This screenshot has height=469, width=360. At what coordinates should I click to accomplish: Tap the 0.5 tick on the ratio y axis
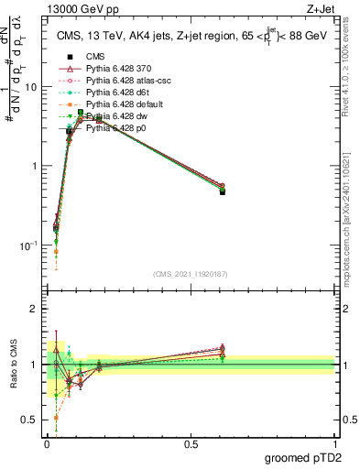coord(30,420)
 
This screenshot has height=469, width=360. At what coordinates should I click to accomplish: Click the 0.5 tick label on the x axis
coord(190,445)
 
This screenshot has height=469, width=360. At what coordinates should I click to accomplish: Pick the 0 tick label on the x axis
coord(46,445)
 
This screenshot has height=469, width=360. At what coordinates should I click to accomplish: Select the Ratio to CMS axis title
coord(12,366)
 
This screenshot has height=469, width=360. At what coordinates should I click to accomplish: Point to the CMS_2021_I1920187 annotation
coord(190,274)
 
